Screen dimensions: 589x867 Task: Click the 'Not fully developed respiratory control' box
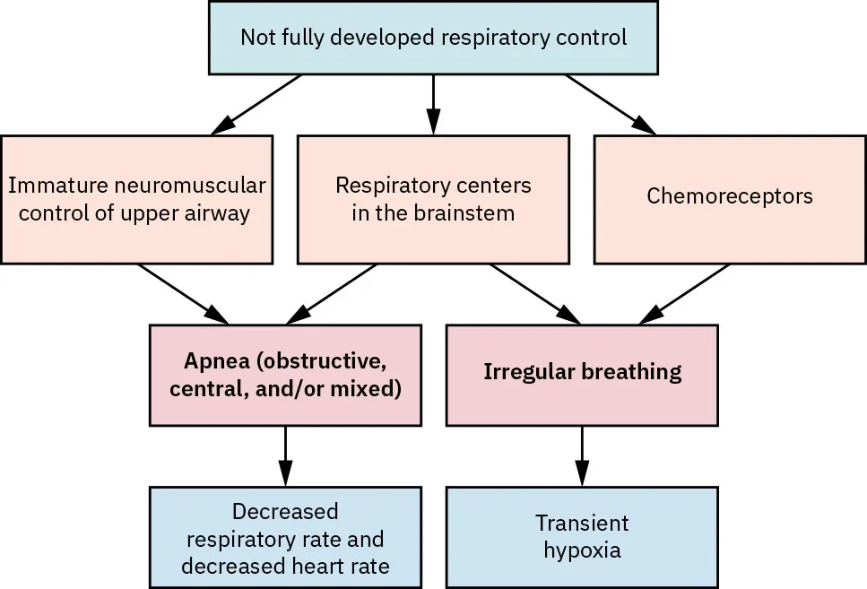coord(433,38)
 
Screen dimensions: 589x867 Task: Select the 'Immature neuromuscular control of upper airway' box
coord(136,199)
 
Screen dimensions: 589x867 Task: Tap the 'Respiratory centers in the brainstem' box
coord(433,199)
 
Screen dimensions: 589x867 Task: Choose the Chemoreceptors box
coord(729,199)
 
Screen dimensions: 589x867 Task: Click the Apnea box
coord(285,375)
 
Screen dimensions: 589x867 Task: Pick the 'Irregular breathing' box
coord(582,375)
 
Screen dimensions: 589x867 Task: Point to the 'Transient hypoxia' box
coord(582,536)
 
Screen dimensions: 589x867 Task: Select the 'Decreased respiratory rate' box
coord(285,536)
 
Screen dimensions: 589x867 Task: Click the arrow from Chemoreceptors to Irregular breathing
coord(685,292)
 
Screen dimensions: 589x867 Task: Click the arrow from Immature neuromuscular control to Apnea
coord(183,293)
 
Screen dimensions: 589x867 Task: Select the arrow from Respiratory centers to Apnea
coord(331,293)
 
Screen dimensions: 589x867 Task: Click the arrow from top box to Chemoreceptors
coord(610,104)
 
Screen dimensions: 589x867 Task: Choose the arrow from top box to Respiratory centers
coord(433,104)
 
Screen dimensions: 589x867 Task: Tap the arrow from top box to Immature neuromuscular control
coord(256,104)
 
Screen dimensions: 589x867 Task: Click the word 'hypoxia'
coord(582,550)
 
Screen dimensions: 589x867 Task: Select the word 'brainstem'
coord(471,213)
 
